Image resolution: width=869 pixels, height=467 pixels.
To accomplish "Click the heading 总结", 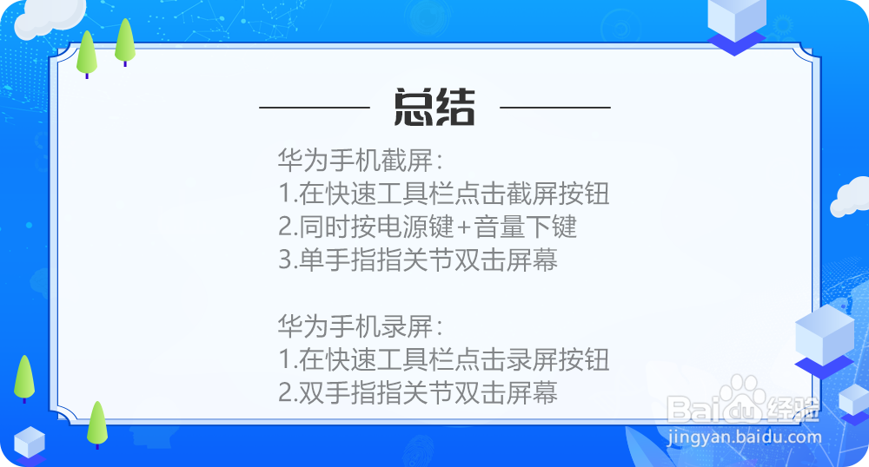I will pyautogui.click(x=434, y=108).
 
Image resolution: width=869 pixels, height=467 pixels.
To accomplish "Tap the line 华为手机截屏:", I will pyautogui.click(x=360, y=161).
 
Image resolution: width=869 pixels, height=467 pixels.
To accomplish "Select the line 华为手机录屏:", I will pyautogui.click(x=360, y=327).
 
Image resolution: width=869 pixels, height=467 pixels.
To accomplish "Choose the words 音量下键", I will pyautogui.click(x=525, y=227).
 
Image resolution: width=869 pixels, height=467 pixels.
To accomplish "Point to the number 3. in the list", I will pyautogui.click(x=288, y=260).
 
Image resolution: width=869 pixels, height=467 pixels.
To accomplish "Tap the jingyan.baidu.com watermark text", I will pyautogui.click(x=745, y=437).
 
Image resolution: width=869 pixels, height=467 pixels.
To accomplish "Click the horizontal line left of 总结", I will pyautogui.click(x=315, y=108).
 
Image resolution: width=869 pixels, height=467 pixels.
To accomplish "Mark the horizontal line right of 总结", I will pyautogui.click(x=555, y=108).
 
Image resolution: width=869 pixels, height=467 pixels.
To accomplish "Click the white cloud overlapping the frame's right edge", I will pyautogui.click(x=849, y=197).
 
